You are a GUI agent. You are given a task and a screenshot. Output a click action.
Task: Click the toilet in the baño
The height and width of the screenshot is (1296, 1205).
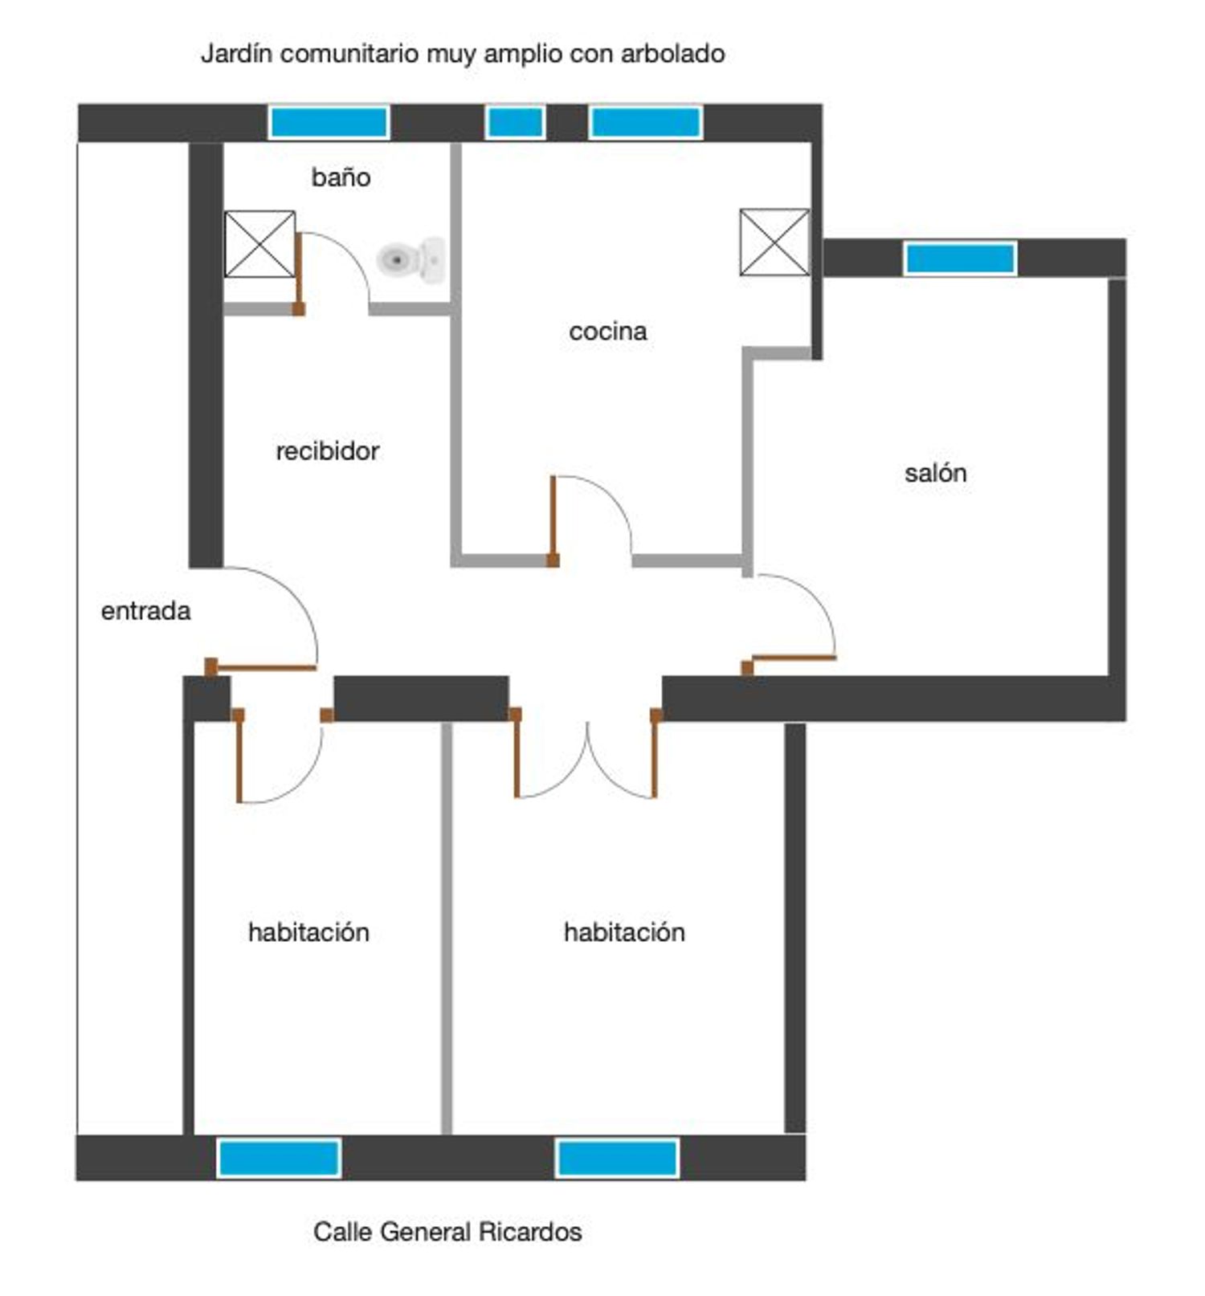(x=411, y=259)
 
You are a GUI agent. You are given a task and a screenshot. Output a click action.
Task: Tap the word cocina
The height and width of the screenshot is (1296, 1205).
(x=607, y=331)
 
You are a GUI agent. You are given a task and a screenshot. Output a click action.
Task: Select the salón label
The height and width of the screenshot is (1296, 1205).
(x=935, y=472)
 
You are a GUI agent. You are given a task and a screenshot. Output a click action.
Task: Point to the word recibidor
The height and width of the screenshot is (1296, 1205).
(x=327, y=450)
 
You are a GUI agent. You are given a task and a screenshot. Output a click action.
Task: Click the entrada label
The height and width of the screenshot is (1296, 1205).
(x=145, y=611)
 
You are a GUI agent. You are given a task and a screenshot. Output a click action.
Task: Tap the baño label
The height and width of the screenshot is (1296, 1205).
(x=341, y=177)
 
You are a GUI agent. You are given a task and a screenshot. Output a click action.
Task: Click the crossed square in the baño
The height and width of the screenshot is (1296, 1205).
(x=259, y=244)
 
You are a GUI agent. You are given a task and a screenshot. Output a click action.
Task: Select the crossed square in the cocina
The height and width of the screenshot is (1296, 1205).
(x=774, y=242)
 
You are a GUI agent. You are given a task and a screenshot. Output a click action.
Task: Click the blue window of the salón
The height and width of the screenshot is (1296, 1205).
(x=960, y=259)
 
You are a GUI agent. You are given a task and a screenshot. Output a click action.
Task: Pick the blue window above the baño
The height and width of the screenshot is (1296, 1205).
(x=329, y=123)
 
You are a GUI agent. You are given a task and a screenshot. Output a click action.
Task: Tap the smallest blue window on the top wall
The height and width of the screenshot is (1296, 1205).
(x=516, y=123)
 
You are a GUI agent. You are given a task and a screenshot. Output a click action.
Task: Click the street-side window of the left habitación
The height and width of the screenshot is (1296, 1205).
(x=279, y=1158)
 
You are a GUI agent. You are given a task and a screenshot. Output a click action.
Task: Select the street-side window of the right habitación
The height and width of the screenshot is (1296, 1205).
(x=617, y=1158)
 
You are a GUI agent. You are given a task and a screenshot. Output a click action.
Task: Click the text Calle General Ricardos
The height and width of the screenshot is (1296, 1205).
(x=447, y=1231)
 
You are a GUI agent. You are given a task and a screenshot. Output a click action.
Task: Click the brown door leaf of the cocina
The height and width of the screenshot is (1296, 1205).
(x=553, y=521)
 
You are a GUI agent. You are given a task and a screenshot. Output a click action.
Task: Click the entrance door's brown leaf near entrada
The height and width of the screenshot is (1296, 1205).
(x=260, y=666)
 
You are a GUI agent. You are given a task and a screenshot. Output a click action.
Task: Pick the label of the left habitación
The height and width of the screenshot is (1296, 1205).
(x=308, y=931)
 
